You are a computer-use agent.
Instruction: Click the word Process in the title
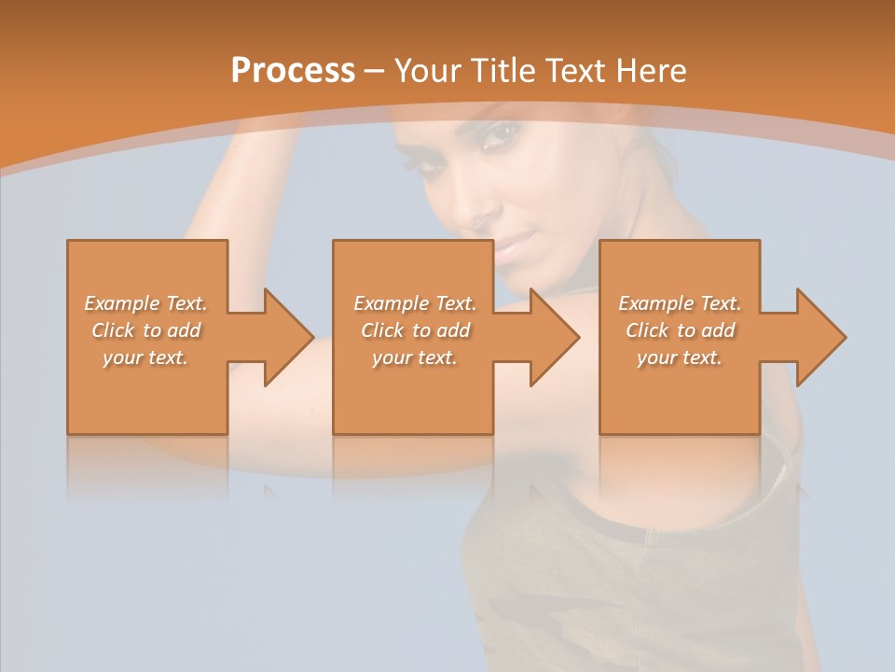tap(293, 71)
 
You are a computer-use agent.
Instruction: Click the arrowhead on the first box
tap(285, 337)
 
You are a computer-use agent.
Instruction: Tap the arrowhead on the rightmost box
tap(819, 337)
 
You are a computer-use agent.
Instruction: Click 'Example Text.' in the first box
tap(145, 303)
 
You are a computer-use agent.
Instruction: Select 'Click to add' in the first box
tap(145, 330)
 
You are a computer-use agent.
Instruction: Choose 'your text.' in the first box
tap(145, 357)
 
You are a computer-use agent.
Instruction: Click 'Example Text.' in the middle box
tap(414, 303)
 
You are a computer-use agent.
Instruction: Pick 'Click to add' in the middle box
tap(414, 330)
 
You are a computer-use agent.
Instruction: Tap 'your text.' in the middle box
tap(414, 357)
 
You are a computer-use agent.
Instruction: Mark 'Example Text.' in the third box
tap(680, 303)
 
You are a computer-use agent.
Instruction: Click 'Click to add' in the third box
tap(680, 330)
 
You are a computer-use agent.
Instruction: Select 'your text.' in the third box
tap(680, 357)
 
